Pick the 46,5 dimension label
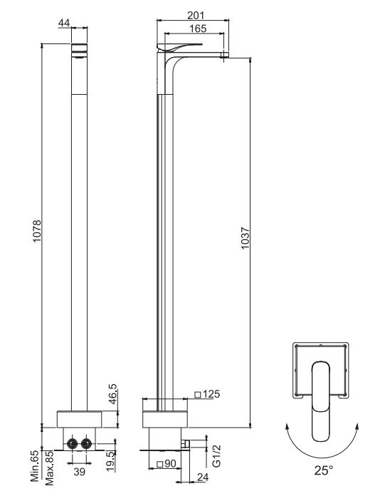[x=112, y=394]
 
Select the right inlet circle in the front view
[x=88, y=444]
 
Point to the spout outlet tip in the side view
[x=224, y=55]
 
